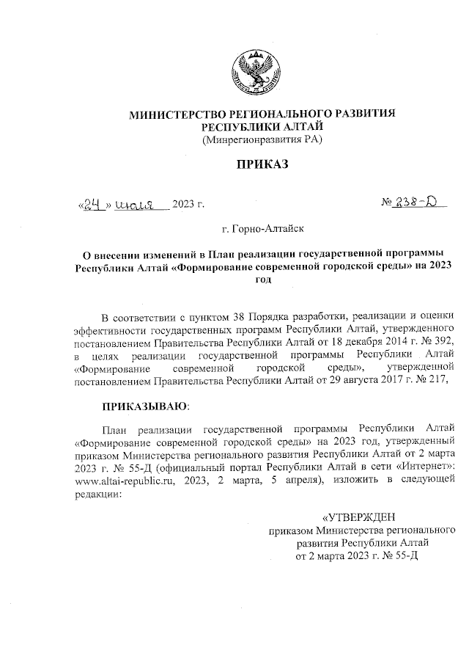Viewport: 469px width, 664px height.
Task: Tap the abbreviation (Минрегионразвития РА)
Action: pos(262,139)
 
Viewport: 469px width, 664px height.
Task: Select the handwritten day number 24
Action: pos(92,206)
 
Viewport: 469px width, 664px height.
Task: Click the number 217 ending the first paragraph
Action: pos(435,380)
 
